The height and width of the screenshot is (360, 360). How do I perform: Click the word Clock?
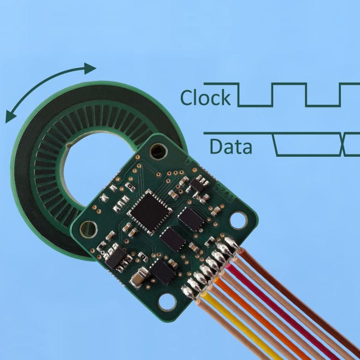(x=206, y=98)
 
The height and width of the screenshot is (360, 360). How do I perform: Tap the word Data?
(x=231, y=147)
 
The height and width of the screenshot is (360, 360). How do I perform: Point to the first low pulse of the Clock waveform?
(x=255, y=104)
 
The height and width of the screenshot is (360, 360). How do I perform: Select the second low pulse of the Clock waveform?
(x=322, y=104)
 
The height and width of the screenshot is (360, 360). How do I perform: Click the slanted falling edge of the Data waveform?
(x=276, y=144)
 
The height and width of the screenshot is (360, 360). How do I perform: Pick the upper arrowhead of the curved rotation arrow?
(x=90, y=68)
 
